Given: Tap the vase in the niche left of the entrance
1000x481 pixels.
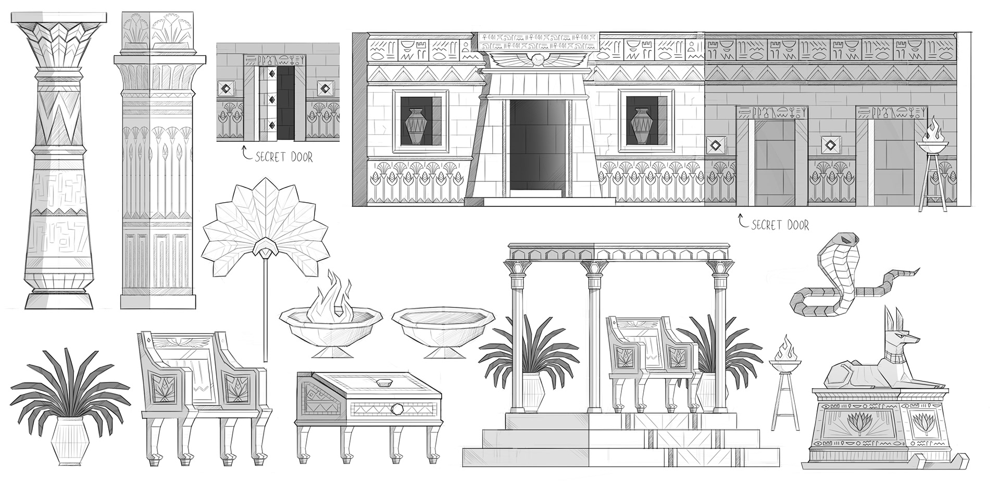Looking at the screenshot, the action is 419,126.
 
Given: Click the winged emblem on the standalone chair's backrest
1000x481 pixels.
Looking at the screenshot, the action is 183,342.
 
